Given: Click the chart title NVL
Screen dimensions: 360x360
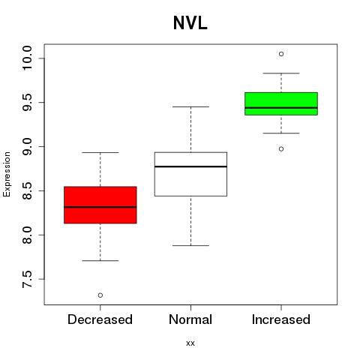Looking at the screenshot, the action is click(190, 23).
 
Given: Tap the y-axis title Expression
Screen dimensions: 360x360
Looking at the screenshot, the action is click(7, 174).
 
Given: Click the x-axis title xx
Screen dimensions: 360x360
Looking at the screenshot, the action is click(190, 343).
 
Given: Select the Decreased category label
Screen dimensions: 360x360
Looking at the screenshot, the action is click(100, 319).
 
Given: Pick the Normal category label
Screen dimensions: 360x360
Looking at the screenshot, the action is click(190, 319).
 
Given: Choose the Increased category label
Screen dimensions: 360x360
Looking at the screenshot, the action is click(281, 319).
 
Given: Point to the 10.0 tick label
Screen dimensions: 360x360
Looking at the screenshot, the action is click(27, 58).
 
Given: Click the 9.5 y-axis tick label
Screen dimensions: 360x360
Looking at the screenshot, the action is click(27, 103).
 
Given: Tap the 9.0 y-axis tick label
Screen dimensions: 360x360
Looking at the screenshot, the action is click(27, 146).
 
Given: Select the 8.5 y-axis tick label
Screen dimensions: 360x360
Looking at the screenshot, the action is click(27, 190).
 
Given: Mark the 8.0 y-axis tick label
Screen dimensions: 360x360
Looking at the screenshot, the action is click(27, 235).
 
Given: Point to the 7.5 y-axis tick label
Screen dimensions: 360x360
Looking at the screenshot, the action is click(27, 279).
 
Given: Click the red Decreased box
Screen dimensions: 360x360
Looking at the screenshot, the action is click(100, 205).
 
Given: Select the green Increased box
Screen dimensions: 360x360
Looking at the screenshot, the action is click(281, 103).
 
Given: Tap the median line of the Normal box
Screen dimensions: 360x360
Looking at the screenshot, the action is click(190, 166).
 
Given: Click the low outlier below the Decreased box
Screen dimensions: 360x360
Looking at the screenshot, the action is click(100, 295).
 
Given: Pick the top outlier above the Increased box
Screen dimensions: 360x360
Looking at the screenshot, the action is click(281, 54).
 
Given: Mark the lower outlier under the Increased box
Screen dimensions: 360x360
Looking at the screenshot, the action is click(281, 149).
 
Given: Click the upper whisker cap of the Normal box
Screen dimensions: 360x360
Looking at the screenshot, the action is click(190, 106).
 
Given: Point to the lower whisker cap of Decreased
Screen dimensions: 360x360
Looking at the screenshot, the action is click(100, 261).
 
